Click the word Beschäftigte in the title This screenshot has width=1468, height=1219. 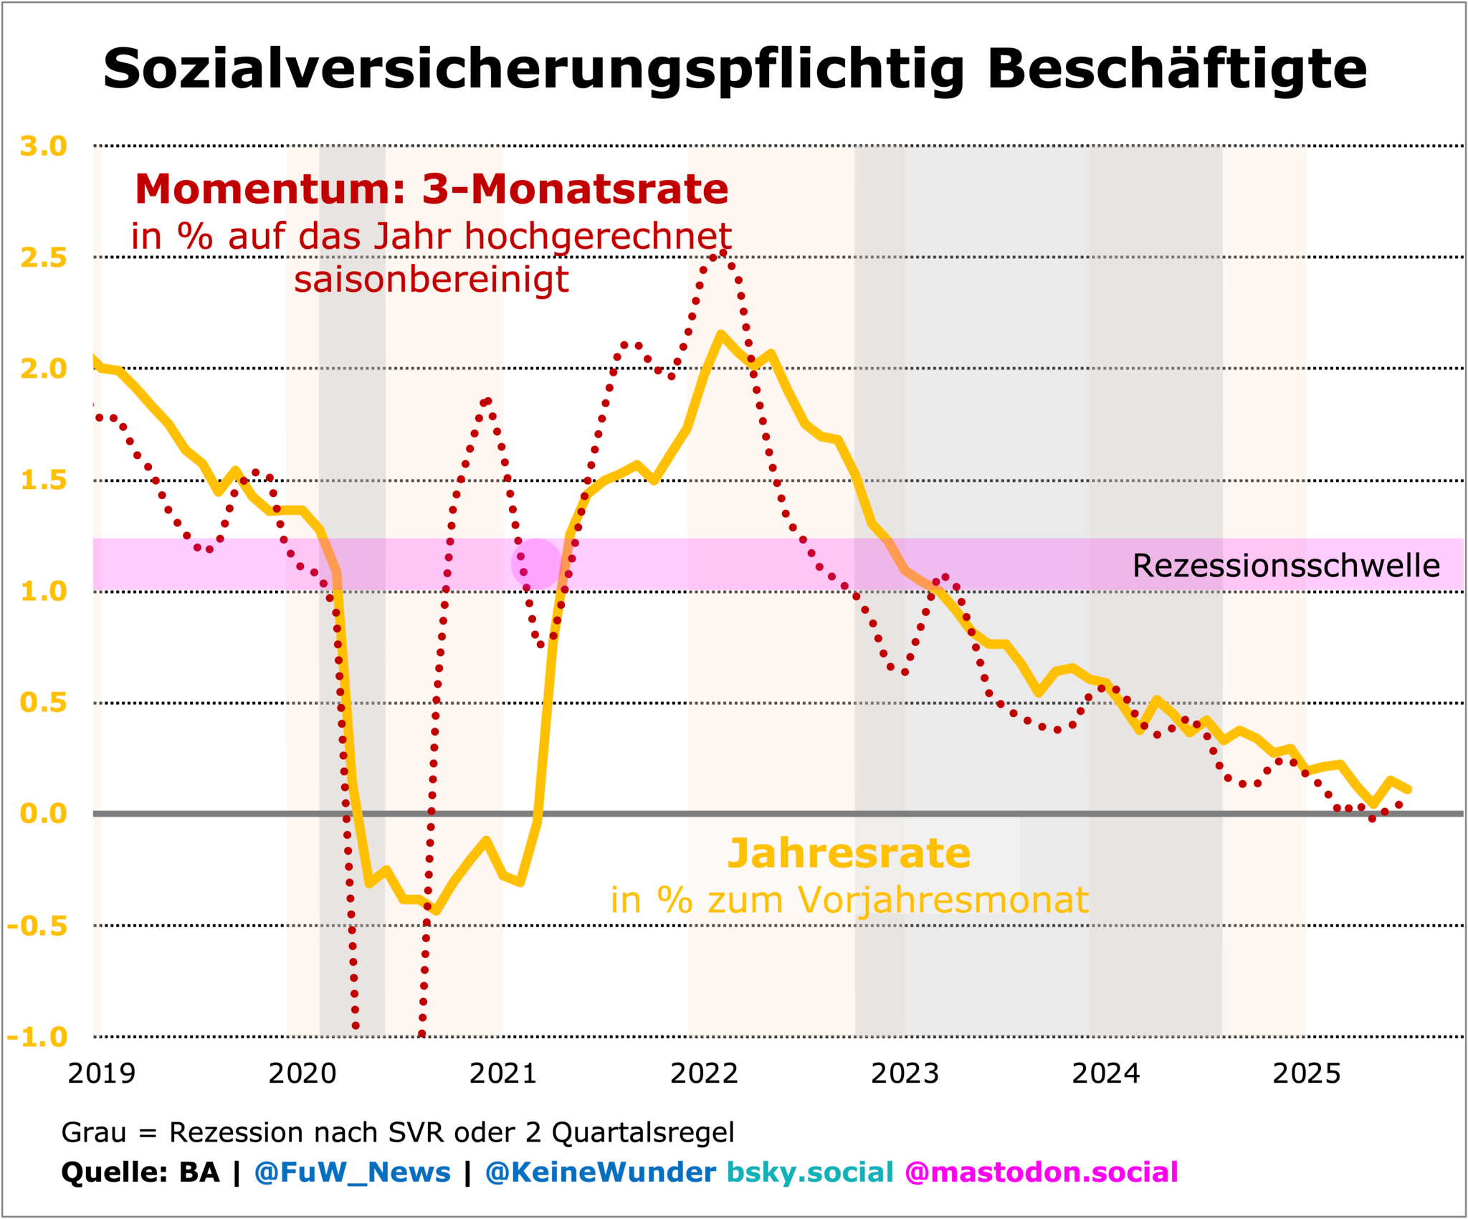tap(1176, 70)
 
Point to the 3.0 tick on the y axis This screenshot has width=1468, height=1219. tap(44, 146)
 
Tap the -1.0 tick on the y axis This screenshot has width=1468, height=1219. tap(37, 1037)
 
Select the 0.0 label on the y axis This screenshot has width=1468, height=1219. tap(44, 814)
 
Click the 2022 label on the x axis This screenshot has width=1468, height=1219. tap(704, 1073)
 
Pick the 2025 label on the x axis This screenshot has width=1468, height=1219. tap(1306, 1073)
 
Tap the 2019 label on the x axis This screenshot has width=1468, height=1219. tap(102, 1073)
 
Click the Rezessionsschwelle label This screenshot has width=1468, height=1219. tap(1286, 566)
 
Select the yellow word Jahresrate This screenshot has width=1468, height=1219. tap(849, 853)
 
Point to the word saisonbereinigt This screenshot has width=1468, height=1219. tap(432, 279)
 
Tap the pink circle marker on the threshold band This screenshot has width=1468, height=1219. tap(535, 564)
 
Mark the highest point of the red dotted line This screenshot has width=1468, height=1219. tap(724, 252)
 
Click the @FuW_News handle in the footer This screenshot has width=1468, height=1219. tap(352, 1172)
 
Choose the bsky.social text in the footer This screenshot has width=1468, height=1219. tap(810, 1172)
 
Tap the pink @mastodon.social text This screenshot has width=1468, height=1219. tap(1041, 1172)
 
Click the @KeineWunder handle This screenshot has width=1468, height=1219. tap(600, 1172)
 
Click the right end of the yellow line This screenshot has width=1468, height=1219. tap(1409, 789)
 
